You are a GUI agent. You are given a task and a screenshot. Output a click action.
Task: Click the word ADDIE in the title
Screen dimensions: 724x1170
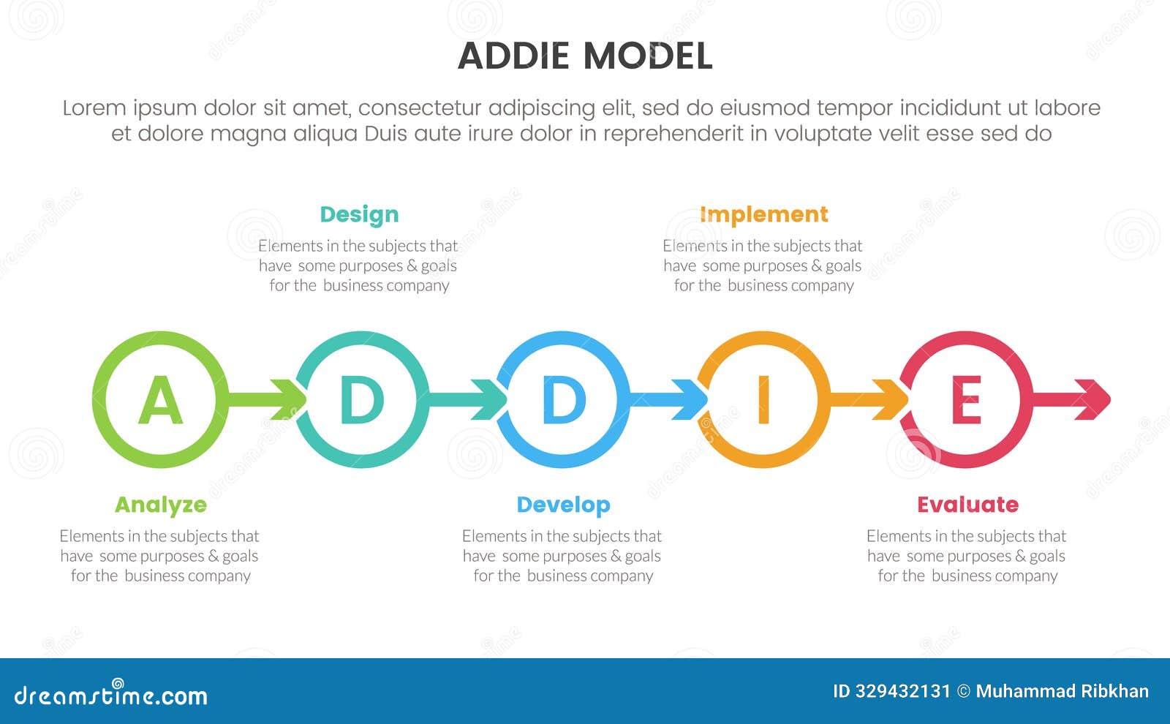(x=513, y=56)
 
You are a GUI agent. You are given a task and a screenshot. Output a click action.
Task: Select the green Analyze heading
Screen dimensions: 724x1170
(x=161, y=505)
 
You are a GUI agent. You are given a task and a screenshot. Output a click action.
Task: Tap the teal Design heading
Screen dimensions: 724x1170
(x=359, y=214)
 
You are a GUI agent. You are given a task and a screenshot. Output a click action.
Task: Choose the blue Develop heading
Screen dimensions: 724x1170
(x=563, y=505)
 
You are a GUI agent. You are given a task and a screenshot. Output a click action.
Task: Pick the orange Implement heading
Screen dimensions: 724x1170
(x=763, y=214)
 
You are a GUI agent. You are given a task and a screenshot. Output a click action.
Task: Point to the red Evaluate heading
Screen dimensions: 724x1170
(x=967, y=505)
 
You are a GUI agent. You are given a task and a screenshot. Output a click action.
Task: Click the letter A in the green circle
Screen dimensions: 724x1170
(x=160, y=400)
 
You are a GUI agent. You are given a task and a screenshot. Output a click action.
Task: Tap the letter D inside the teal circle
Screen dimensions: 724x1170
(x=362, y=400)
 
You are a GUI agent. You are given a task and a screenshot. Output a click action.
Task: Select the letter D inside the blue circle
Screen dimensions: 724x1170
(x=563, y=400)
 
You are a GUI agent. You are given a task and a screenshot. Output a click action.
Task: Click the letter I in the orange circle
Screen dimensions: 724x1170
(x=764, y=400)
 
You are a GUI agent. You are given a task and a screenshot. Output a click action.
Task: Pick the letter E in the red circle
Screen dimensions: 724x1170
(x=966, y=400)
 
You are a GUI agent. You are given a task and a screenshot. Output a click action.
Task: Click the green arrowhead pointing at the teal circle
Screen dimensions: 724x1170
(x=290, y=399)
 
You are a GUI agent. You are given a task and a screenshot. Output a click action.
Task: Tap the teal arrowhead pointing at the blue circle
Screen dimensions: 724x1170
(x=491, y=399)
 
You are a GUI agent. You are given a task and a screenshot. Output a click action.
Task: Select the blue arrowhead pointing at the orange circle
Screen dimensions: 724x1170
(x=692, y=399)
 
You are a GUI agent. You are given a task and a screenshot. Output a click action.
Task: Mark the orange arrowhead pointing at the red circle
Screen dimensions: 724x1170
(x=893, y=399)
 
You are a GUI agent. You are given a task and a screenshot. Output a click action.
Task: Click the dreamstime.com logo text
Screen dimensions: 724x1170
(x=111, y=695)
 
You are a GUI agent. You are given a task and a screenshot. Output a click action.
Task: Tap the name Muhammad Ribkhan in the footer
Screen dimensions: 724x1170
(x=1062, y=691)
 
